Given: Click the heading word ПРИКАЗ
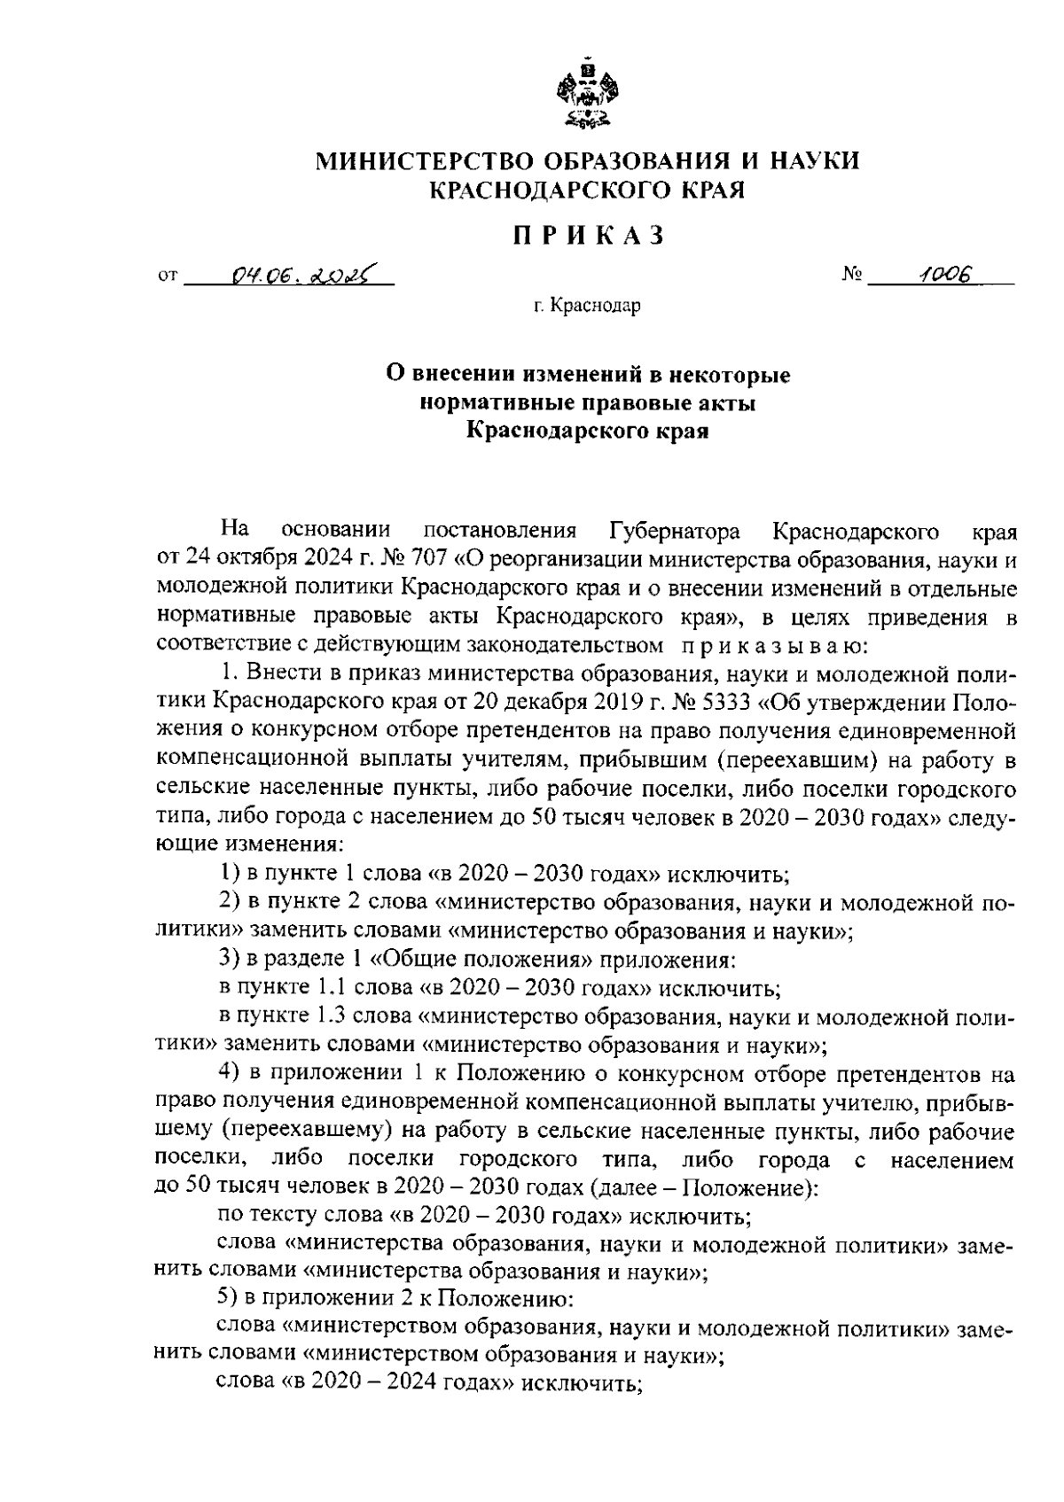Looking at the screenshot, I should pyautogui.click(x=588, y=236).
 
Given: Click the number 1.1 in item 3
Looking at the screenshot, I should pyautogui.click(x=330, y=986).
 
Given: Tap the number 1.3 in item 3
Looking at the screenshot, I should pyautogui.click(x=330, y=1016).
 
